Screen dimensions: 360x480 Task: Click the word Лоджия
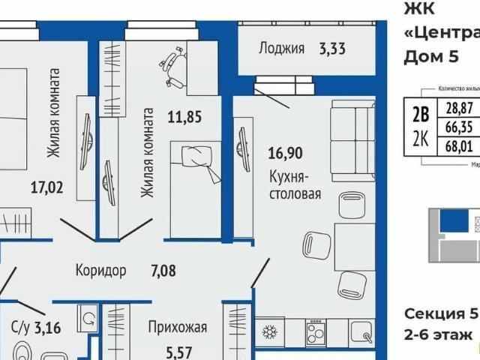pos(281,49)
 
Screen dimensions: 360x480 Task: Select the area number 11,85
pos(183,116)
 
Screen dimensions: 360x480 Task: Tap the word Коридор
pos(101,270)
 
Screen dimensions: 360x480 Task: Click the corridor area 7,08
pos(162,270)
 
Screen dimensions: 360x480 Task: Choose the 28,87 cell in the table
pos(460,109)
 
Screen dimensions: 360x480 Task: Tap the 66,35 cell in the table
pos(460,126)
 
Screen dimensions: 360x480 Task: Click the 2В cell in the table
pos(421,113)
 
